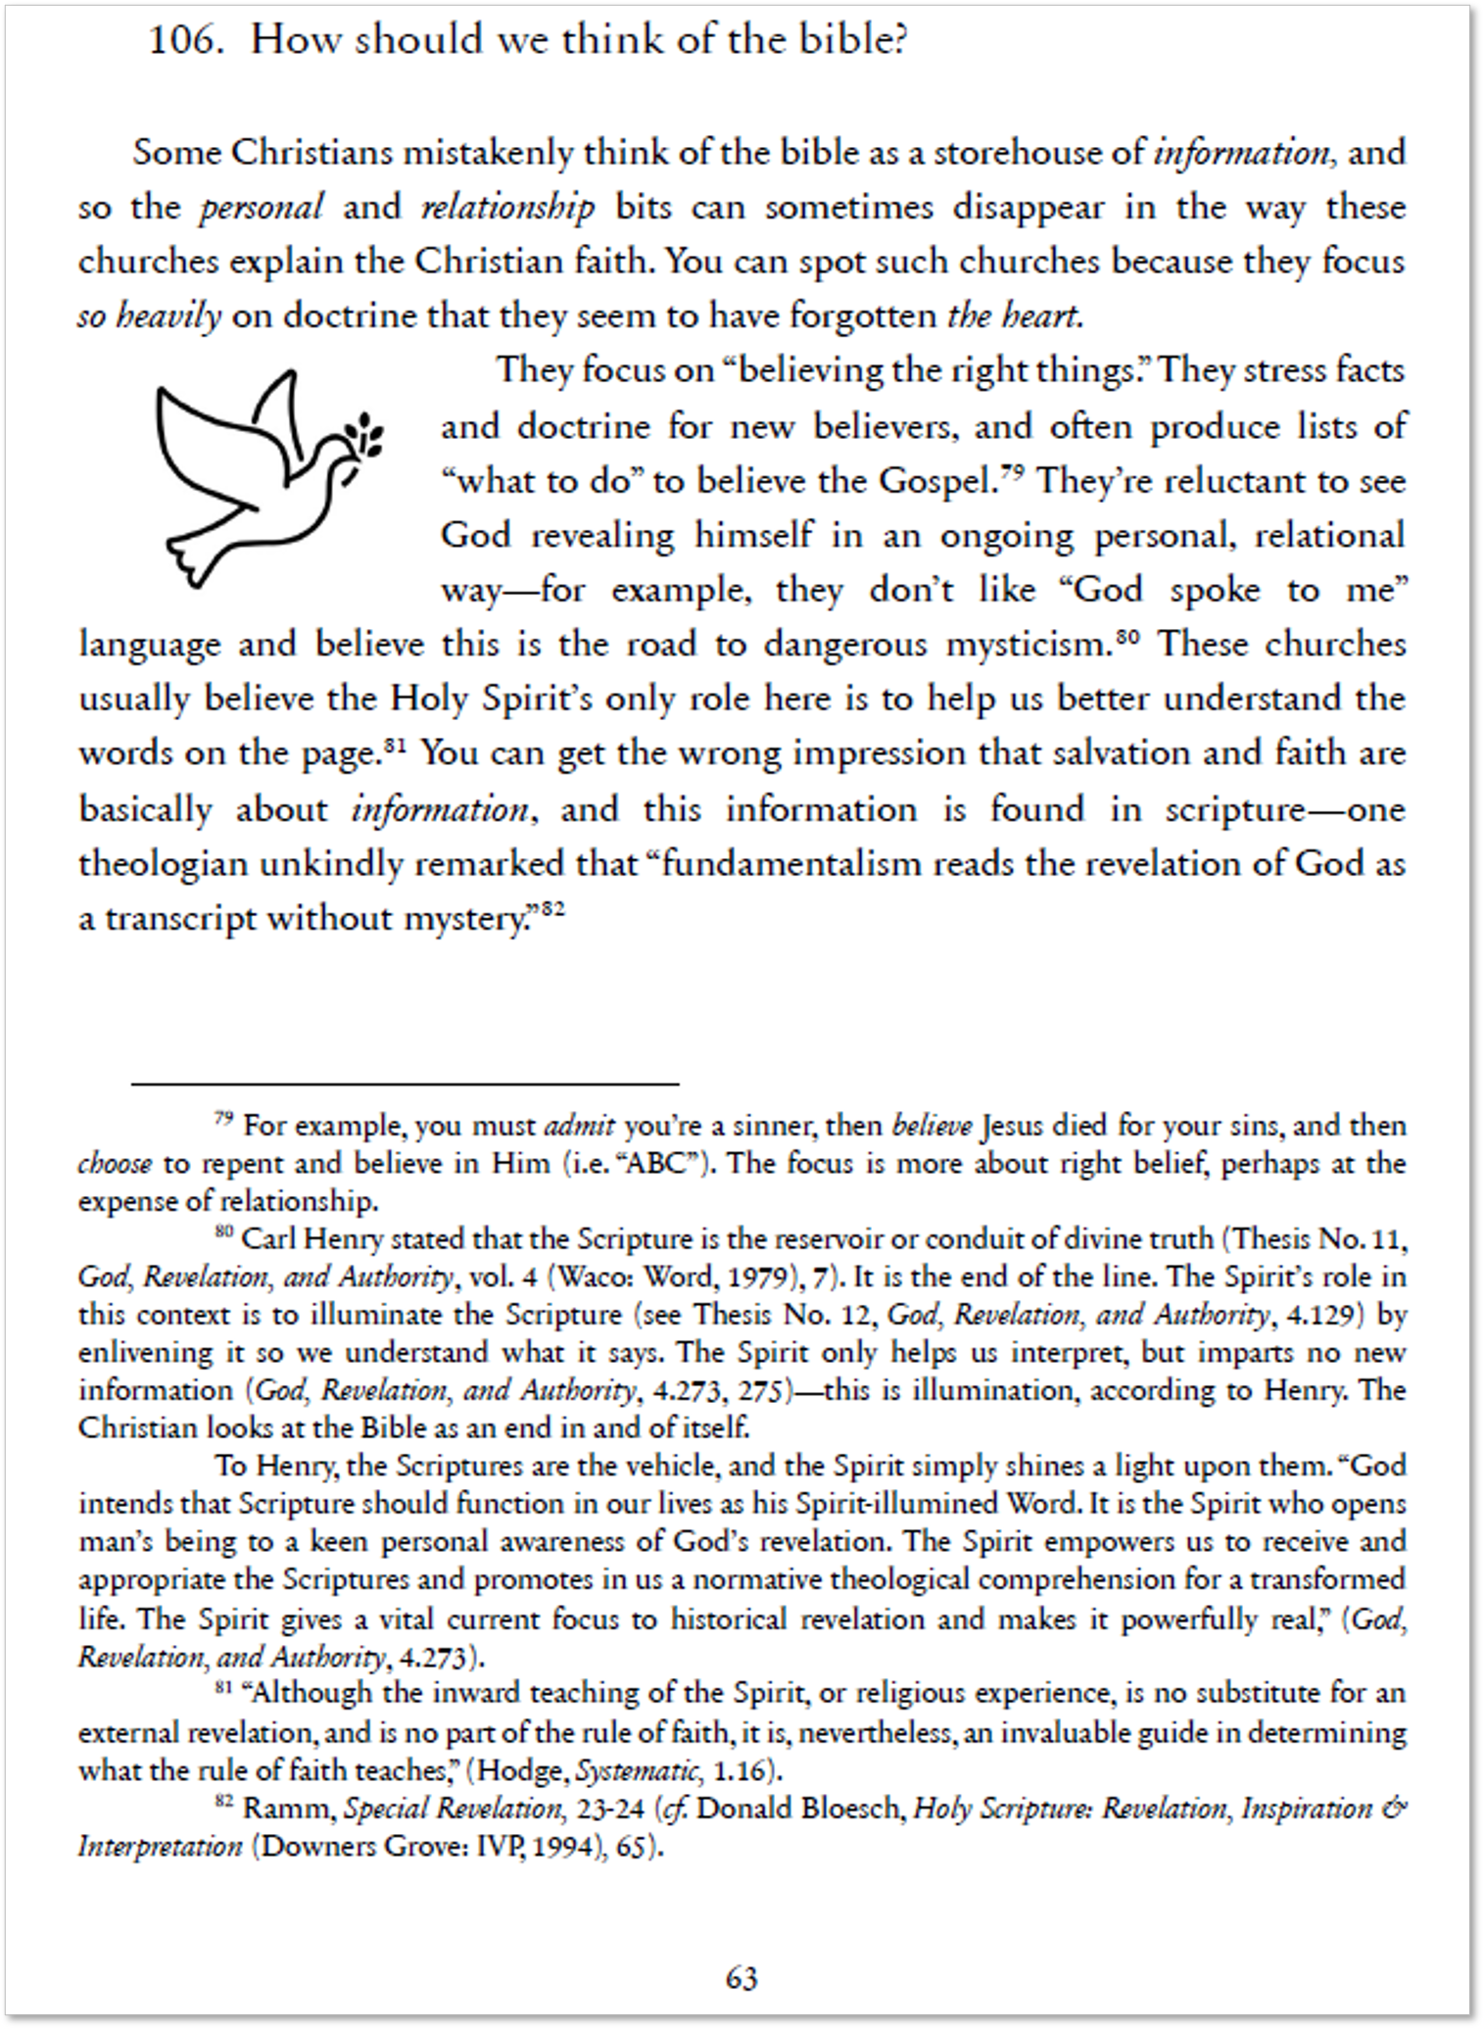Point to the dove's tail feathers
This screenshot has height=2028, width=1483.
point(195,558)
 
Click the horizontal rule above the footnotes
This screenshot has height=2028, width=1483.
point(405,1084)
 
